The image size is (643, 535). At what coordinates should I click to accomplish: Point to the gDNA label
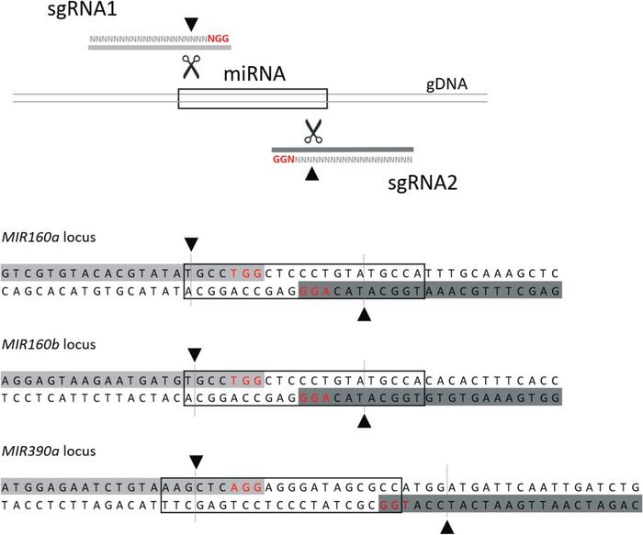pyautogui.click(x=447, y=84)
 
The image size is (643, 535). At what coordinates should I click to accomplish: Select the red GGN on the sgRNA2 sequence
pyautogui.click(x=283, y=159)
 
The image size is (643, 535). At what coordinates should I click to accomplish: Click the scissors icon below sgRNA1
pyautogui.click(x=190, y=66)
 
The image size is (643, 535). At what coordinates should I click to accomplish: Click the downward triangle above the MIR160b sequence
pyautogui.click(x=193, y=353)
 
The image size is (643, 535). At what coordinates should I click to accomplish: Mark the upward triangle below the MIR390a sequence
pyautogui.click(x=446, y=527)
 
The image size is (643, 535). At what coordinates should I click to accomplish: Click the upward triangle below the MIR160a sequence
pyautogui.click(x=364, y=315)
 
